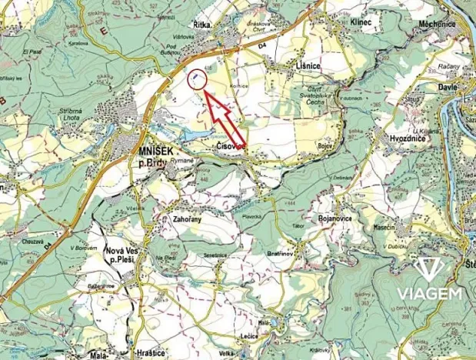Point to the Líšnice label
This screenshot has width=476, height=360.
point(308,68)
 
